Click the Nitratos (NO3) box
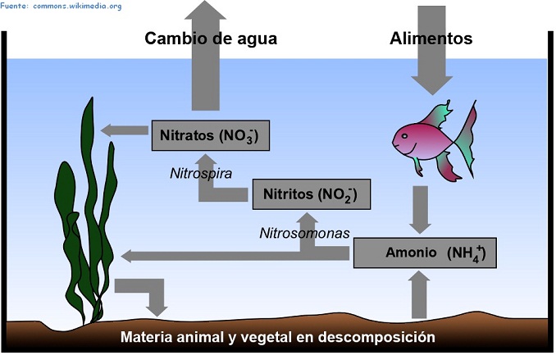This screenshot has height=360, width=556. pyautogui.click(x=210, y=135)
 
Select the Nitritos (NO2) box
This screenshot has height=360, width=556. pyautogui.click(x=305, y=195)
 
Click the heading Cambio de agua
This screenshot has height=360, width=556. pyautogui.click(x=211, y=39)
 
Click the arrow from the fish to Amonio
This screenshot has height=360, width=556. pyautogui.click(x=421, y=210)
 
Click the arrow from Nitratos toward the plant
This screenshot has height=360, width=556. pyautogui.click(x=123, y=130)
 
